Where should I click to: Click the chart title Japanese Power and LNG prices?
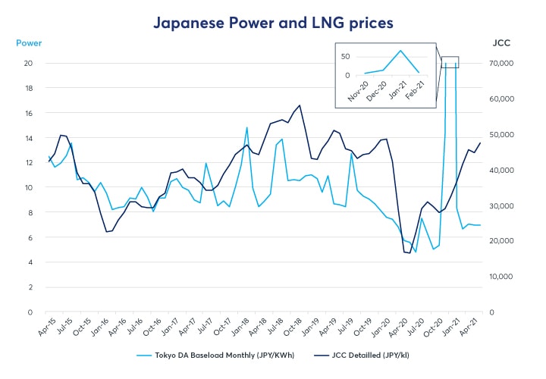tap(274, 23)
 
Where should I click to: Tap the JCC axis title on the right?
tap(501, 43)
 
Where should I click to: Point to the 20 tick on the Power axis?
tap(28, 63)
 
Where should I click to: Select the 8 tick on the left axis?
tap(30, 212)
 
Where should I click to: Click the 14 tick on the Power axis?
tap(28, 138)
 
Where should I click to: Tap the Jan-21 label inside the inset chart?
tap(399, 89)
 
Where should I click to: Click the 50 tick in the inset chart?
tap(345, 56)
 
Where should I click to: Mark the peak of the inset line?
tap(400, 51)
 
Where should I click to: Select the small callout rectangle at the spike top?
tap(450, 62)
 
